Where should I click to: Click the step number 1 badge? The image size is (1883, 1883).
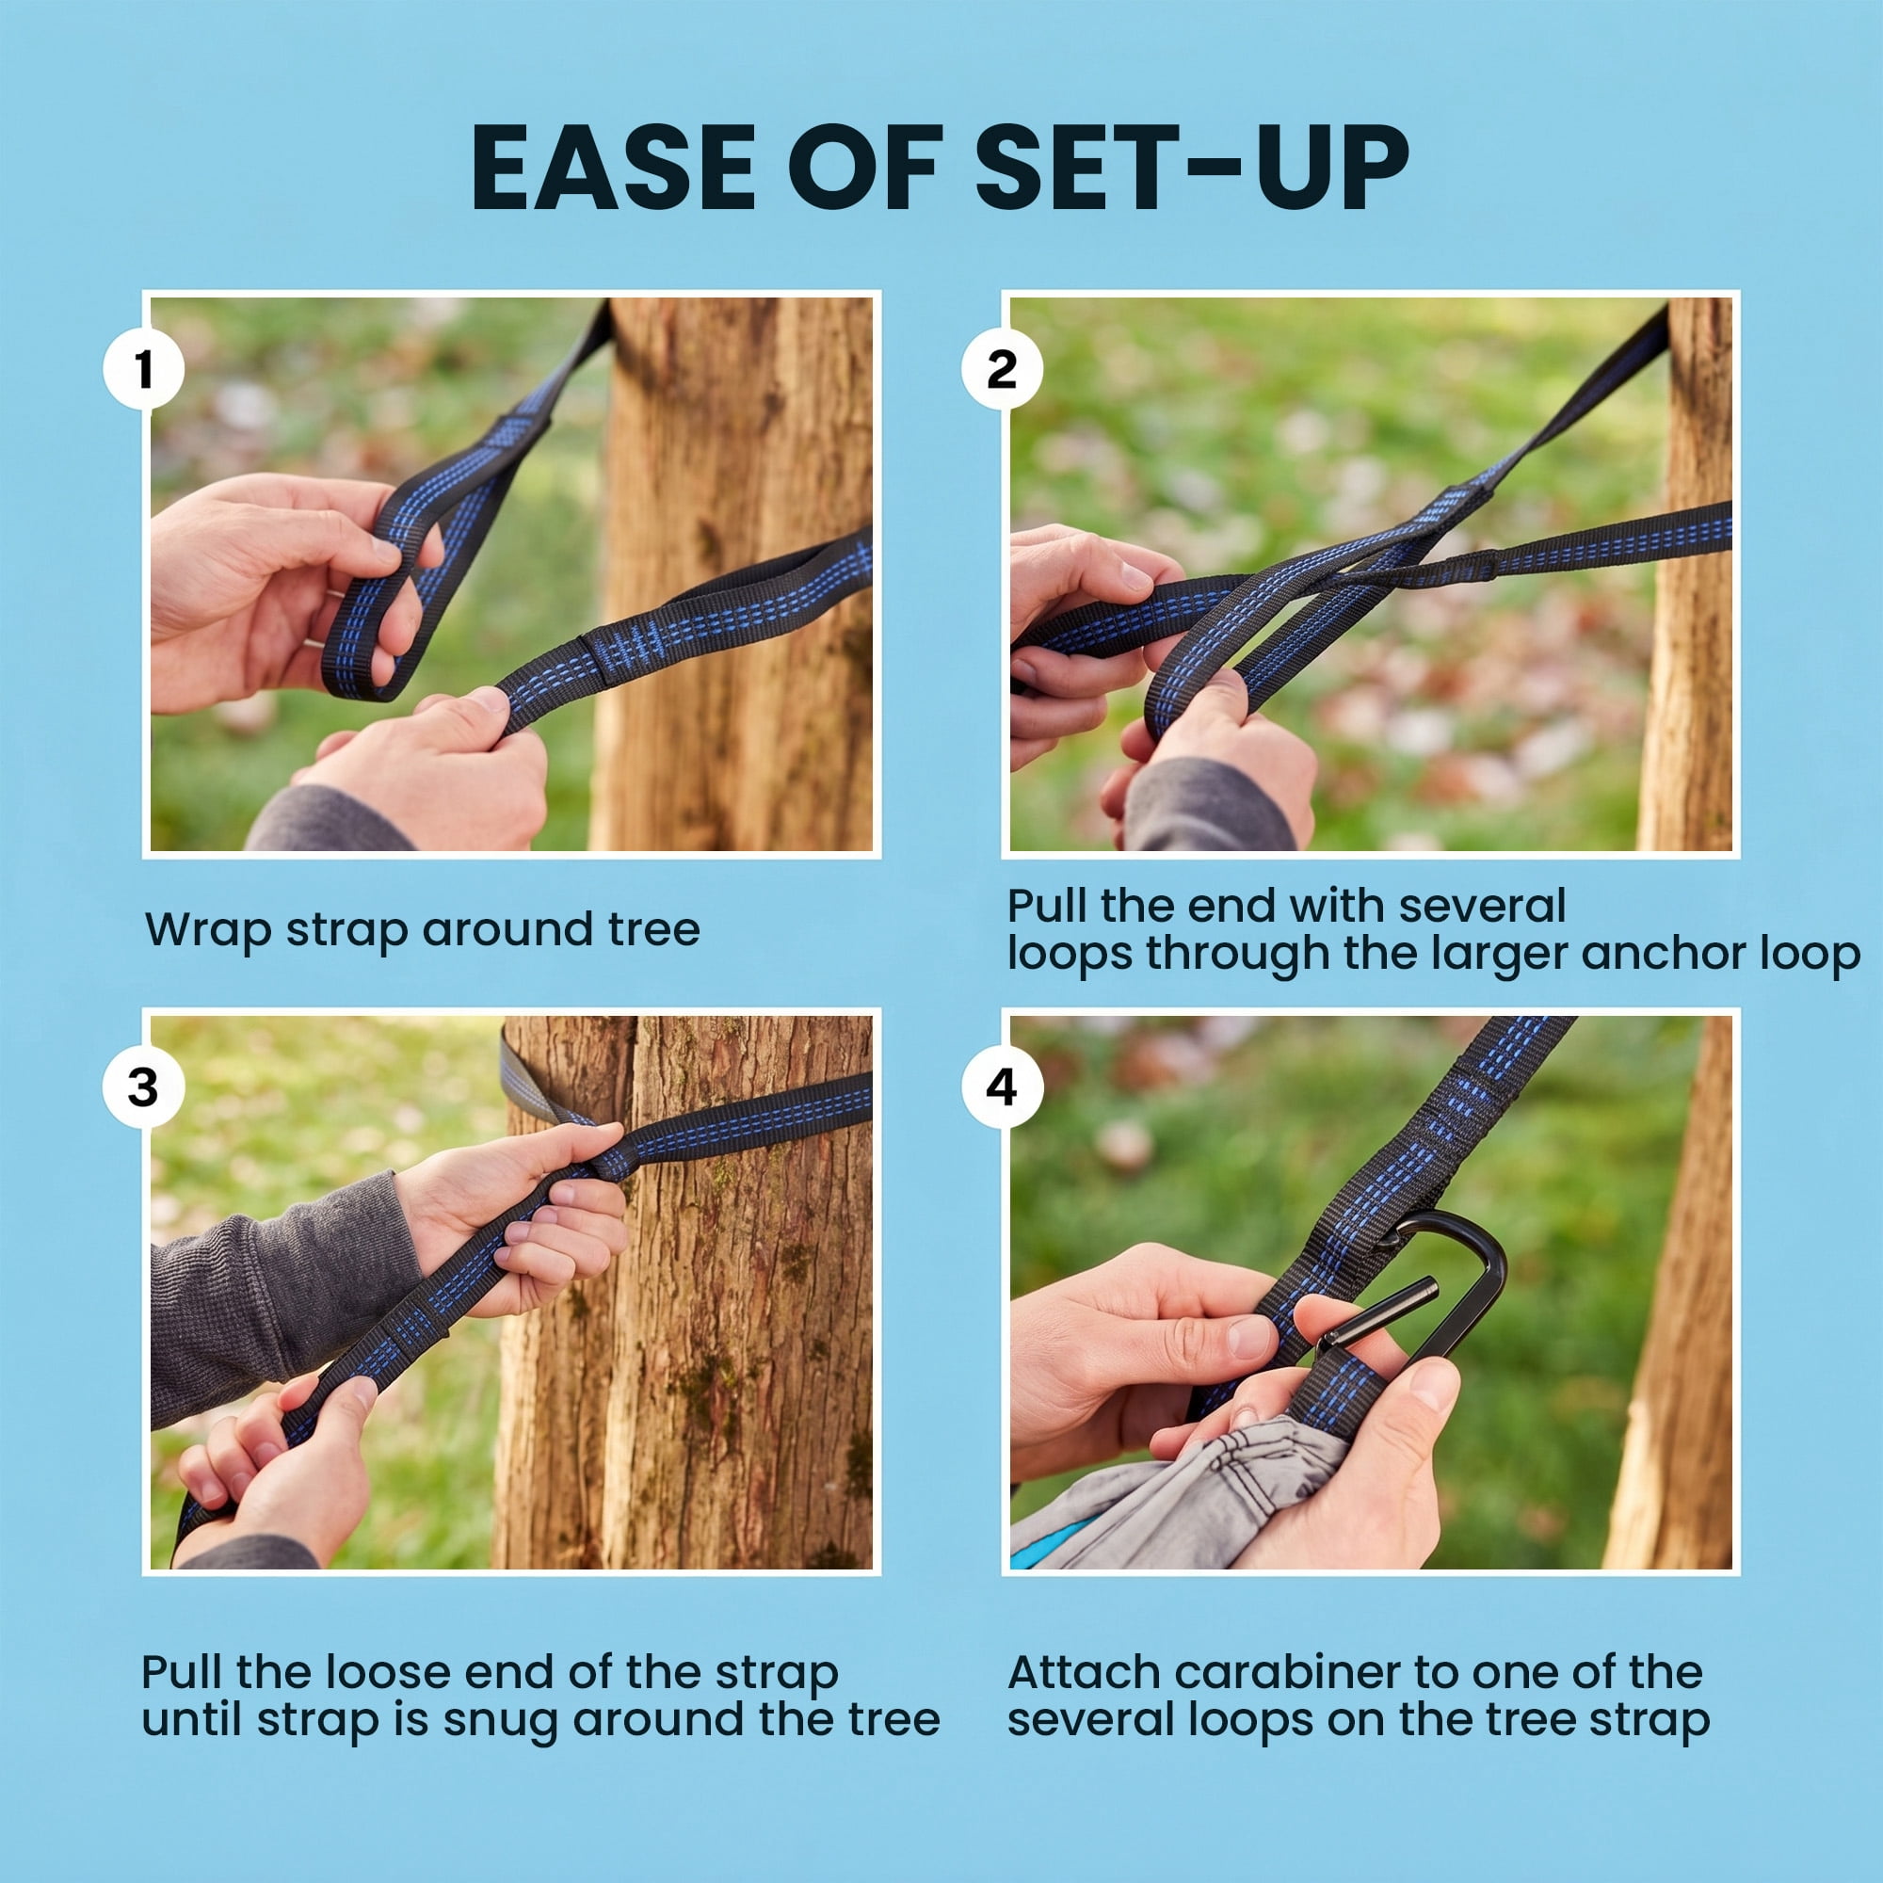tap(144, 369)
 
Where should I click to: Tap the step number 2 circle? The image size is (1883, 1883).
tap(1002, 369)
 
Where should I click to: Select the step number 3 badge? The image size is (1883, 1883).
tap(144, 1087)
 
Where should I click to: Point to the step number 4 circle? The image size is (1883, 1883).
tap(1002, 1087)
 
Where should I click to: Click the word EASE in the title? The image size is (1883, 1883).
tap(613, 167)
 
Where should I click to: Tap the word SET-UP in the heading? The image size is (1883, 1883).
tap(1191, 167)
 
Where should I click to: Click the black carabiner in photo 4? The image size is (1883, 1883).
tap(1452, 1286)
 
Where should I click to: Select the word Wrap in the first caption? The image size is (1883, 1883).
tap(207, 930)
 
